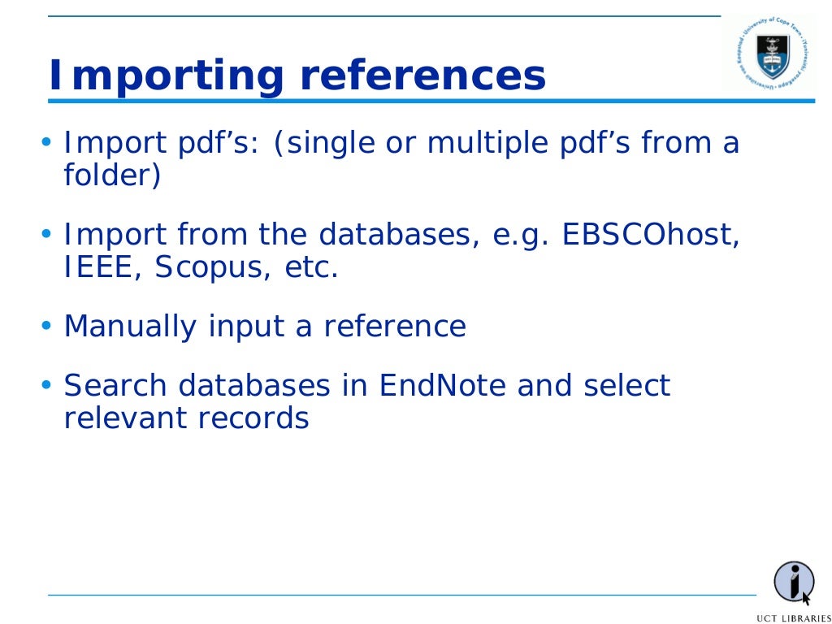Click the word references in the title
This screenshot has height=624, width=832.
click(422, 76)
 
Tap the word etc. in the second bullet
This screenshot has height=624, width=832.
click(310, 267)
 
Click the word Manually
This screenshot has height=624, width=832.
click(130, 327)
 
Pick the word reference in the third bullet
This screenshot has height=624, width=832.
click(395, 327)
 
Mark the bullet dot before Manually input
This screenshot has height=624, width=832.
click(46, 327)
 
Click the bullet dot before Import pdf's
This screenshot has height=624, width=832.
click(46, 144)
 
